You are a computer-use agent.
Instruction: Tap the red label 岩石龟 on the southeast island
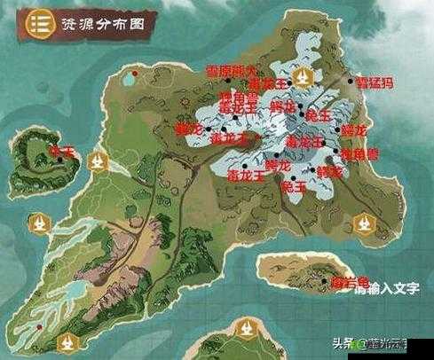pyautogui.click(x=350, y=283)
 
